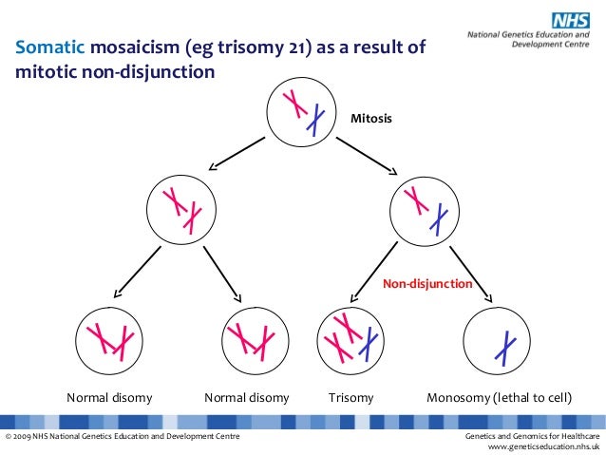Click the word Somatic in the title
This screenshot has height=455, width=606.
coord(47,49)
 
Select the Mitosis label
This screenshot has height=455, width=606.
coord(371,120)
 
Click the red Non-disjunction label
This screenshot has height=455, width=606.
coord(426,283)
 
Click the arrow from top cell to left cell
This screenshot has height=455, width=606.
coord(237,153)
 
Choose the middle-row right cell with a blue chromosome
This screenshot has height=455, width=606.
coord(425,209)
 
